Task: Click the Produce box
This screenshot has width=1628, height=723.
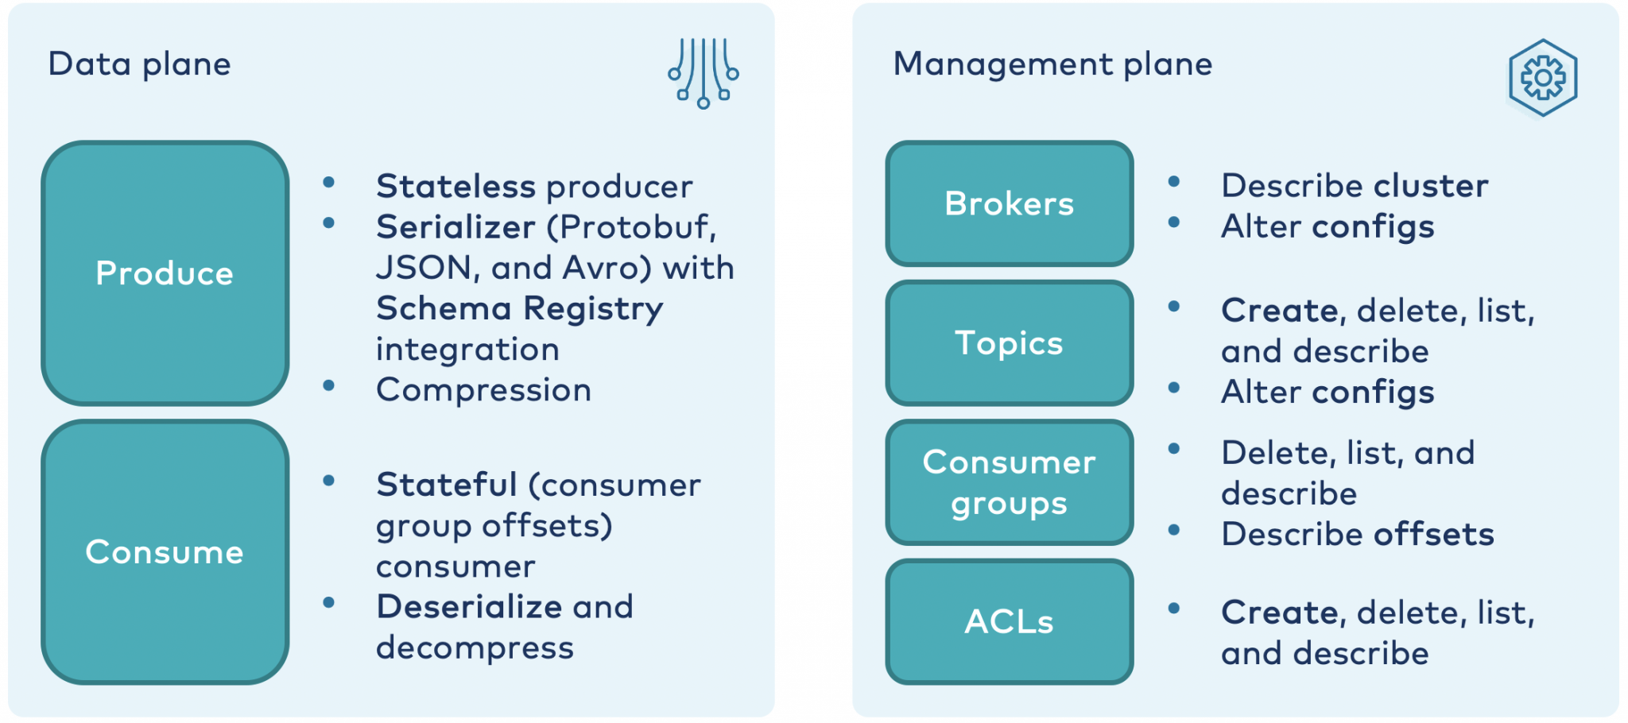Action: [165, 273]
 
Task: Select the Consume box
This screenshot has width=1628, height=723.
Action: [165, 551]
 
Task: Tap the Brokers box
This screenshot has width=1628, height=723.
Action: [1010, 203]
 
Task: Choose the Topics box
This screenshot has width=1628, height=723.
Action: [1010, 343]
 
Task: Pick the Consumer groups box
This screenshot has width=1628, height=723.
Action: [1010, 482]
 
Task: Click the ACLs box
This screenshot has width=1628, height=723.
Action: [1010, 621]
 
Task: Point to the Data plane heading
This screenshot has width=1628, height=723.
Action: [139, 64]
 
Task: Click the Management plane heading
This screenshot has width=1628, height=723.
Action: [1052, 64]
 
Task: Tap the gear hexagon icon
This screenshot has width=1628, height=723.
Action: [1542, 78]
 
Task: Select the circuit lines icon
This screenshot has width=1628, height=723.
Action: [704, 73]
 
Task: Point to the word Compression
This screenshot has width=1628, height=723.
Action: [483, 390]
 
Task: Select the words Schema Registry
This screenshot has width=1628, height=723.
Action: [520, 309]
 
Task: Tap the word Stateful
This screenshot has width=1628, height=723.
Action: [447, 484]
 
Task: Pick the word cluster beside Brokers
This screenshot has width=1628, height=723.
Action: [1431, 185]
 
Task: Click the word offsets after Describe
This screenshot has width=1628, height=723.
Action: [1434, 534]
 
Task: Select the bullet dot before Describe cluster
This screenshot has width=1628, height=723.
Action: [1173, 182]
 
